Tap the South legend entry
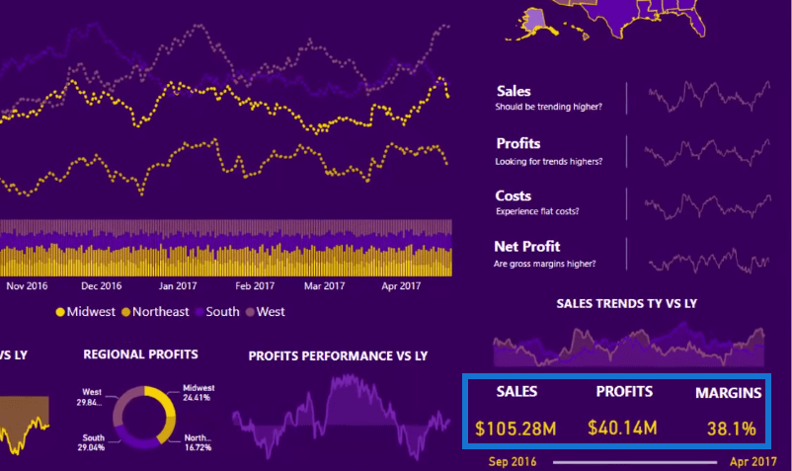[215, 312]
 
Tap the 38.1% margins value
[731, 429]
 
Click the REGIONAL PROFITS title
[140, 353]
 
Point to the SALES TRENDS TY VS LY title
[626, 303]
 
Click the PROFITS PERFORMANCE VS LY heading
[338, 355]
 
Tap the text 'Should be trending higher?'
[548, 107]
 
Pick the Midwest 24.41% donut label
[198, 393]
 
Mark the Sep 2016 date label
[512, 461]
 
